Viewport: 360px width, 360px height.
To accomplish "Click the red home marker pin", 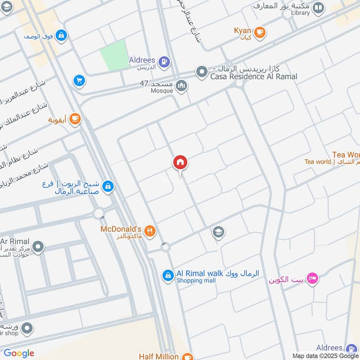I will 180,162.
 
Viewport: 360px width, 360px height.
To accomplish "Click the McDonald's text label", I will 121,229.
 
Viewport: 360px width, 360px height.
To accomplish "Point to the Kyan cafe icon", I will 260,31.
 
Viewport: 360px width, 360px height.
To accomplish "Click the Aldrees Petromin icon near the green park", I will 164,61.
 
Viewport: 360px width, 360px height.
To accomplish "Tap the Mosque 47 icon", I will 182,85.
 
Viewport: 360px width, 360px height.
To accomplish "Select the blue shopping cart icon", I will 79,81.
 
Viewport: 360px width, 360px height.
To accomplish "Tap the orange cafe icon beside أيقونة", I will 75,119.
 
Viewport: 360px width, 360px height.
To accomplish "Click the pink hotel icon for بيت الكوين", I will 313,279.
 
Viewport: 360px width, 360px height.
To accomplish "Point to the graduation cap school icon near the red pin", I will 219,232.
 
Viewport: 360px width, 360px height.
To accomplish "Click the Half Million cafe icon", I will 188,356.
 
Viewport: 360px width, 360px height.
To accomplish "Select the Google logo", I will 19,353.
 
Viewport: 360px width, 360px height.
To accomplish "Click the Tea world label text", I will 317,162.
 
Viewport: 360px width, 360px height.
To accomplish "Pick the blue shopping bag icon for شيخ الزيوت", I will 108,186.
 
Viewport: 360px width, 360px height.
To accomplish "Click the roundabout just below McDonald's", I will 166,247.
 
